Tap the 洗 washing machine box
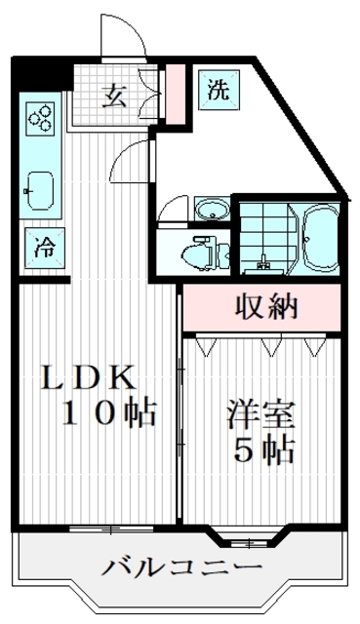(x=218, y=90)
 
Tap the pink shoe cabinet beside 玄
(x=176, y=94)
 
